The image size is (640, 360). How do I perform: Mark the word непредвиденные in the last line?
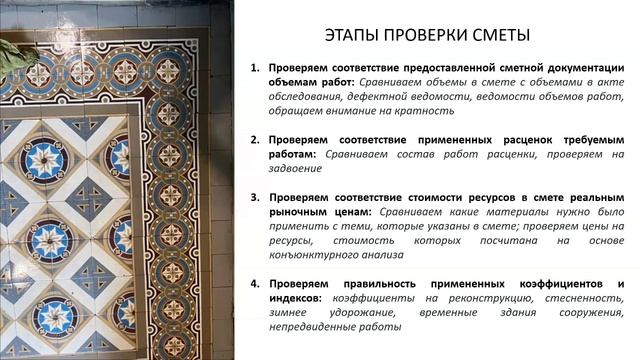click(313, 327)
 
